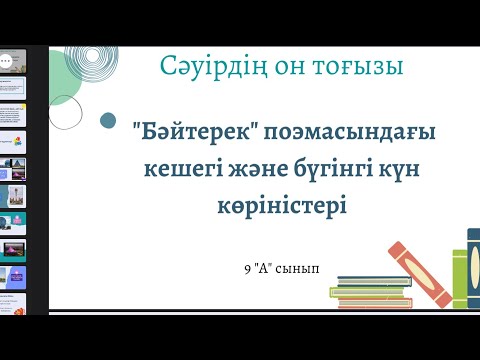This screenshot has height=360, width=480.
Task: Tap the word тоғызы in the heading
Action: coord(359,67)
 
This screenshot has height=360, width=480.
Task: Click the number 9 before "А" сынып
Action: coord(247,269)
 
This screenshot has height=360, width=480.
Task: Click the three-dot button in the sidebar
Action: coord(7,59)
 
